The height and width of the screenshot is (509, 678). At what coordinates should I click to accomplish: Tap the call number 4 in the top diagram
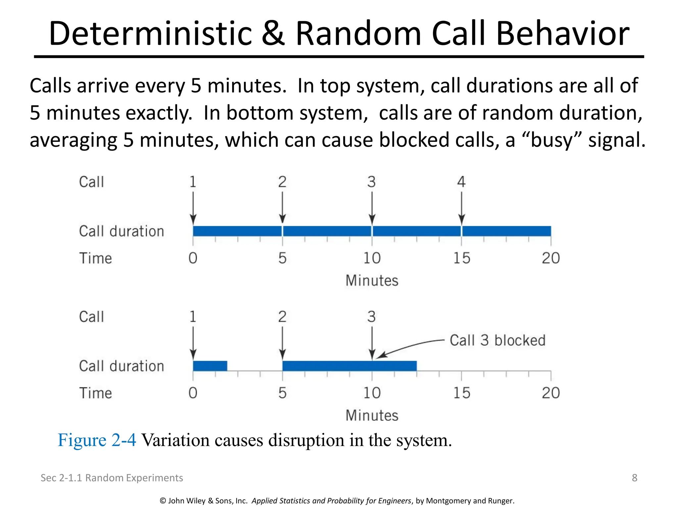click(x=461, y=182)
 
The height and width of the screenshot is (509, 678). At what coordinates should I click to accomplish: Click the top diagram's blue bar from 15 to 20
click(x=507, y=231)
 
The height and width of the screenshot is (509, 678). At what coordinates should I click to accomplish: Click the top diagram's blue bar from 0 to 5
click(x=237, y=231)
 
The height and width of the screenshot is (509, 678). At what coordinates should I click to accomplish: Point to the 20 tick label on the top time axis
click(x=551, y=258)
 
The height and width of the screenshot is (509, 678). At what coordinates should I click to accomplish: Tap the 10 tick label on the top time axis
click(x=372, y=258)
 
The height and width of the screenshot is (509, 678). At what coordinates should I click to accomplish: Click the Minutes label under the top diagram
click(x=372, y=281)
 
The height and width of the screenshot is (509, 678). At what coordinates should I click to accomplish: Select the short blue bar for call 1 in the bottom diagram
click(x=210, y=366)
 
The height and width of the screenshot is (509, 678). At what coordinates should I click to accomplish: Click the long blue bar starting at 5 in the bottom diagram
click(x=349, y=366)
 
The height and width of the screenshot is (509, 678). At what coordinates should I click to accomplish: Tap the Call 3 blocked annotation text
click(x=497, y=340)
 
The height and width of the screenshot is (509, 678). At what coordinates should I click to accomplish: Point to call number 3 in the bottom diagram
click(x=371, y=317)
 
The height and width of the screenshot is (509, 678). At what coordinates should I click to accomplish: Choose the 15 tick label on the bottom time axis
click(x=461, y=393)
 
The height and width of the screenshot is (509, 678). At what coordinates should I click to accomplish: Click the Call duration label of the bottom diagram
click(x=121, y=366)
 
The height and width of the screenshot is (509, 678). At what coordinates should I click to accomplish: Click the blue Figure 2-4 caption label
click(x=97, y=440)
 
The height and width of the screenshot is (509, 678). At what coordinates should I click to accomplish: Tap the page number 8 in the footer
click(x=634, y=478)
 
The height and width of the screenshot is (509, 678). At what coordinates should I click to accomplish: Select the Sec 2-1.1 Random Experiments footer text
click(x=112, y=478)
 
